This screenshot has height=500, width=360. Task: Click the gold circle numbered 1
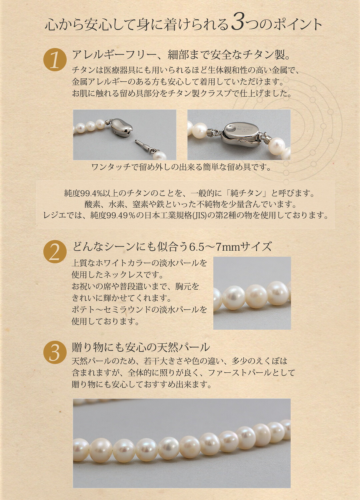[x=55, y=60]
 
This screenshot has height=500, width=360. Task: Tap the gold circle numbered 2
[x=55, y=252]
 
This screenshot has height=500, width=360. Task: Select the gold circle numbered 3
[x=55, y=352]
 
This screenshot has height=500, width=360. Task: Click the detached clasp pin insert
[x=144, y=147]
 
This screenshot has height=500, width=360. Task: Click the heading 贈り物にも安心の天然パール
[x=141, y=347]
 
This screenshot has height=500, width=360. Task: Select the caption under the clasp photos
[x=181, y=167]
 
